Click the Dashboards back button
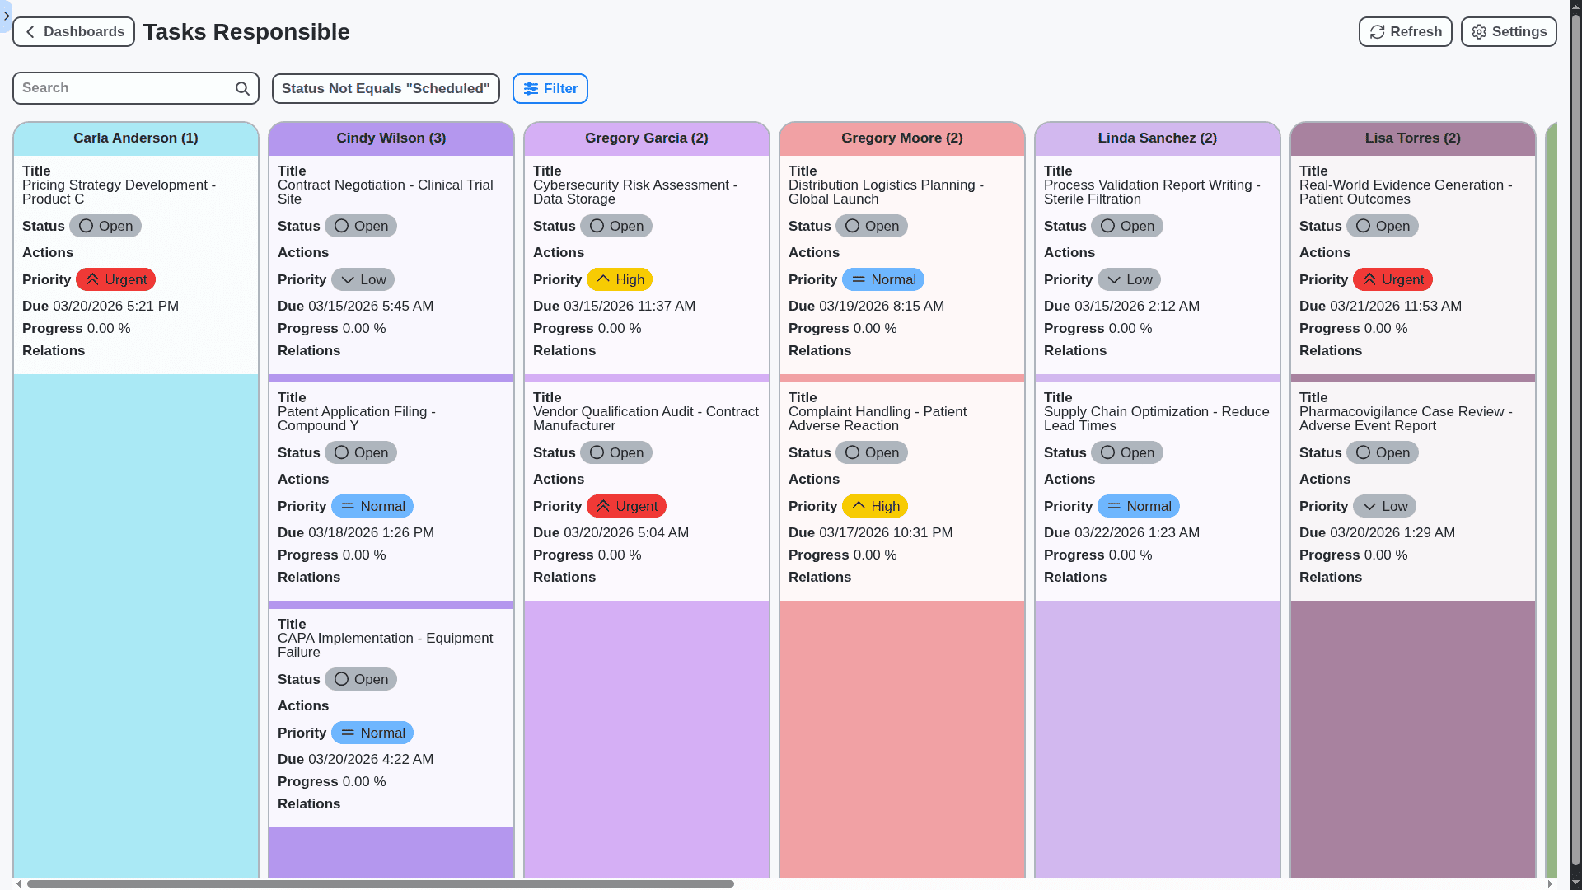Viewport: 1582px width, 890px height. click(x=73, y=32)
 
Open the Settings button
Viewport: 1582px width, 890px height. click(x=1508, y=32)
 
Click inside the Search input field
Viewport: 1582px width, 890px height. click(x=124, y=88)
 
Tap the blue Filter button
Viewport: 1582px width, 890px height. click(x=550, y=89)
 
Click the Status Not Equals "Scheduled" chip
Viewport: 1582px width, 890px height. click(x=386, y=89)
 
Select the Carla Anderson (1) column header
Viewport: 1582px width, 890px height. click(x=136, y=138)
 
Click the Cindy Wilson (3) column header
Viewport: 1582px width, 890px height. click(x=391, y=138)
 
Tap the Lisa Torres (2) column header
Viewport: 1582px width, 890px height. click(x=1412, y=138)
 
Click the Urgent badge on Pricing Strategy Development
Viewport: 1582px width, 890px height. click(x=115, y=280)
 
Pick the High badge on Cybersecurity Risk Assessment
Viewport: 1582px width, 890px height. click(x=620, y=280)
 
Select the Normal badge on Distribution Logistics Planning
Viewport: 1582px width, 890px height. click(x=882, y=280)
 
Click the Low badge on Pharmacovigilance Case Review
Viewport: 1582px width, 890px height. click(x=1384, y=507)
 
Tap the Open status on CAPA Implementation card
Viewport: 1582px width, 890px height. click(x=361, y=680)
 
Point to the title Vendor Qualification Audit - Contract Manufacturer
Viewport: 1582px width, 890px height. click(x=645, y=419)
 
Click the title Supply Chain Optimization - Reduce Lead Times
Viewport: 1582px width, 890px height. click(x=1156, y=419)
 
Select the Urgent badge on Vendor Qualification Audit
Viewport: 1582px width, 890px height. click(x=626, y=507)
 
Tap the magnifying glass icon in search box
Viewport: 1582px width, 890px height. click(x=242, y=89)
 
